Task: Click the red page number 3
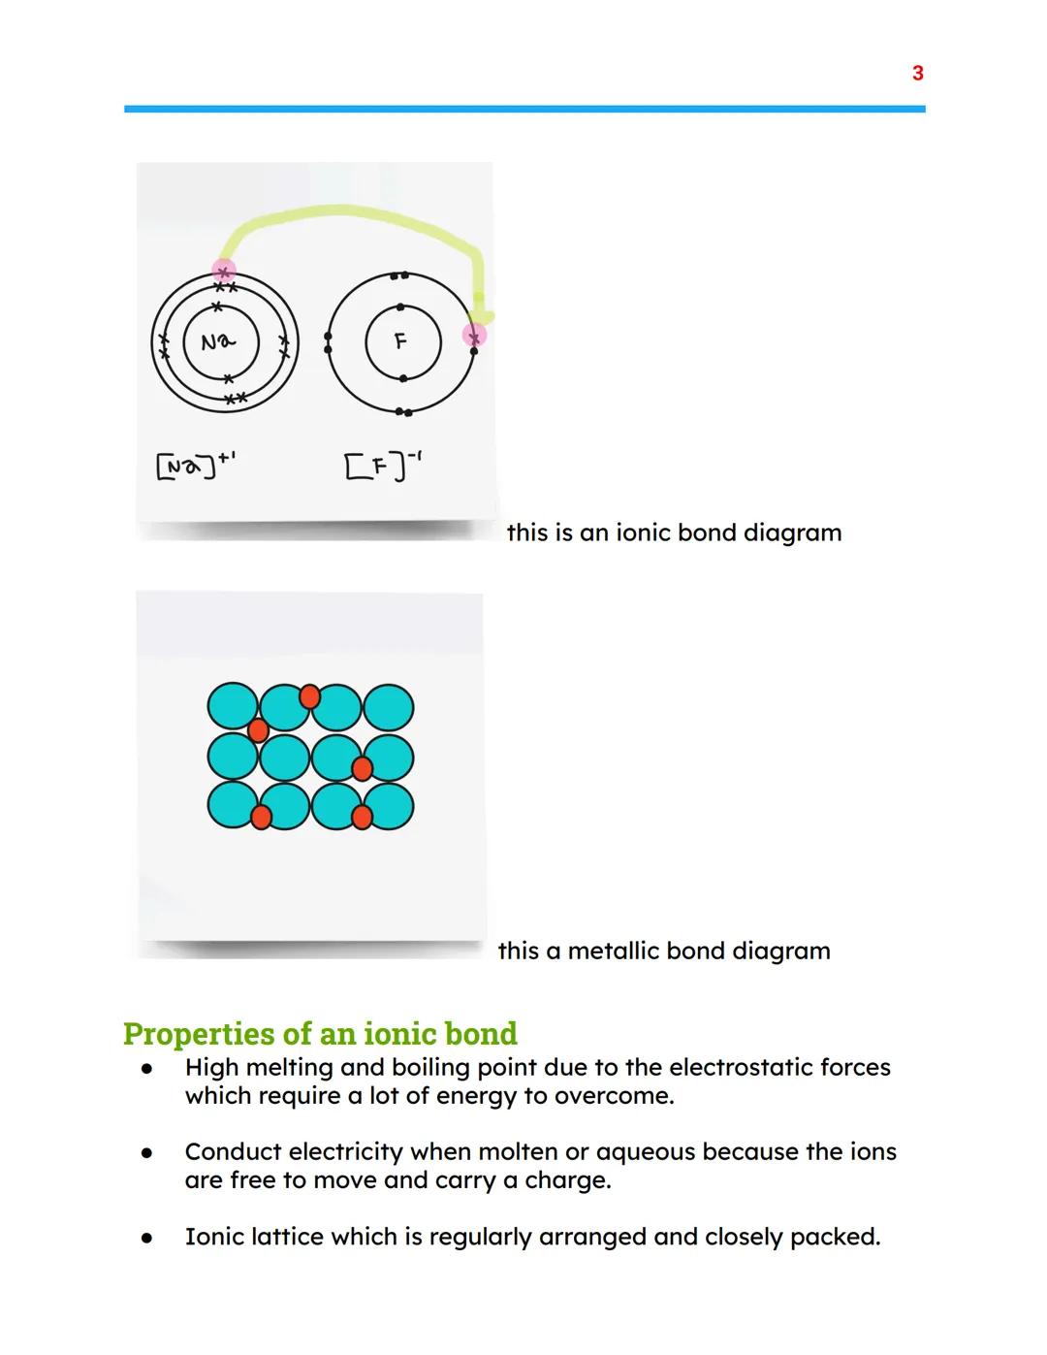tap(917, 73)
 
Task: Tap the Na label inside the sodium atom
tap(217, 341)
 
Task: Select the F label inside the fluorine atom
tap(400, 341)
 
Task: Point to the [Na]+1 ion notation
tap(195, 467)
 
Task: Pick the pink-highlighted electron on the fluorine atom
tap(474, 336)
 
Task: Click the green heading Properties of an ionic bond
tap(320, 1034)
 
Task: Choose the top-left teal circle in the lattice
tap(233, 707)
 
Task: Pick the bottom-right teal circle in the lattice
tap(389, 807)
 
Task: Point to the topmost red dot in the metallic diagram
tap(309, 695)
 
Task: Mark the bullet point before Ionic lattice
tap(146, 1239)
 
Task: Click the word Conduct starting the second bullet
tap(233, 1151)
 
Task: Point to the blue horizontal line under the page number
tap(523, 109)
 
